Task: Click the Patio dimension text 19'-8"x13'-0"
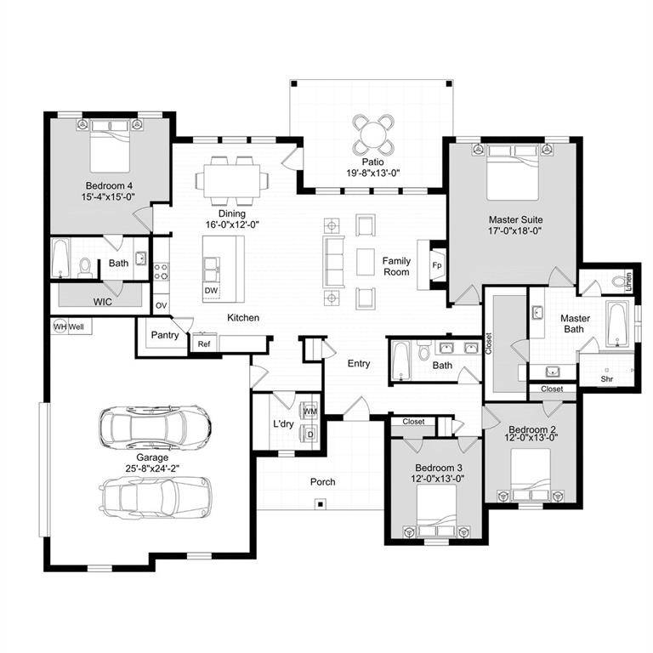tap(372, 173)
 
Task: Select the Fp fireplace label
tap(437, 265)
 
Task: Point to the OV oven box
tap(161, 305)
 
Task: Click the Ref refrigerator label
tap(204, 344)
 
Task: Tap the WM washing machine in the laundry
tap(310, 412)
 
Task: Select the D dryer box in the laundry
tap(310, 434)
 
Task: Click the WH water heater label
tap(60, 326)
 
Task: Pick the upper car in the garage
tap(154, 427)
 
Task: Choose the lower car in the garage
tap(156, 497)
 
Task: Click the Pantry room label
tap(165, 335)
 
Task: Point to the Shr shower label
tap(607, 379)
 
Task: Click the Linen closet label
tap(628, 281)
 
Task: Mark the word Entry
tap(359, 364)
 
